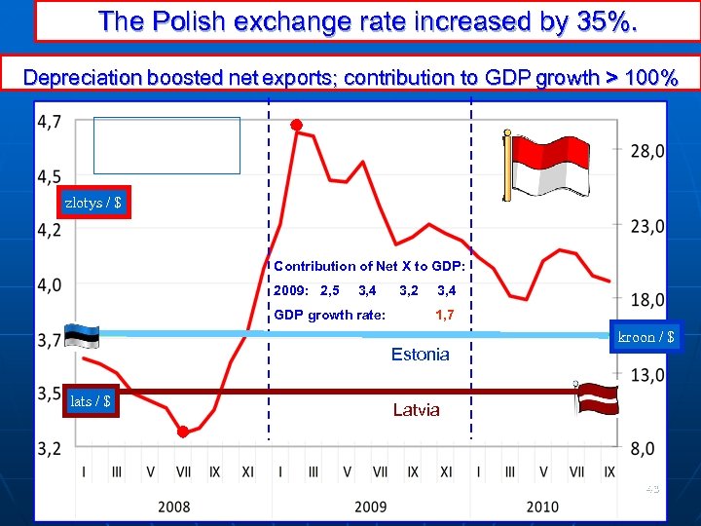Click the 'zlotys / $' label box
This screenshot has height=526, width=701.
point(93,203)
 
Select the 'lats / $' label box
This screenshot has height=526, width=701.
point(91,400)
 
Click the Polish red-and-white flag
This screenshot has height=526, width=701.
point(540,166)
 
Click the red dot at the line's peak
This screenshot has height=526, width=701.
point(296,126)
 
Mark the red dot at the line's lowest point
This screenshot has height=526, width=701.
point(183,432)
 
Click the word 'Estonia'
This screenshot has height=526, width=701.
point(420,355)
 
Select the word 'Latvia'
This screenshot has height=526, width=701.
point(416,410)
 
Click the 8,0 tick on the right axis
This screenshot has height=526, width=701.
point(648,449)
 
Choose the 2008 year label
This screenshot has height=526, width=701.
point(174,507)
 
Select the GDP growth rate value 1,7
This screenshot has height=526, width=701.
point(444,314)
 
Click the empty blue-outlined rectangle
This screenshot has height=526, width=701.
point(166,145)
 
